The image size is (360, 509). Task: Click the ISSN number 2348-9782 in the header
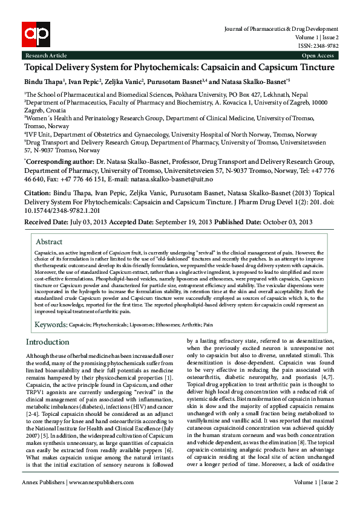[327, 46]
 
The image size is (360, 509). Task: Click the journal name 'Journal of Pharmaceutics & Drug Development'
[281, 29]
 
